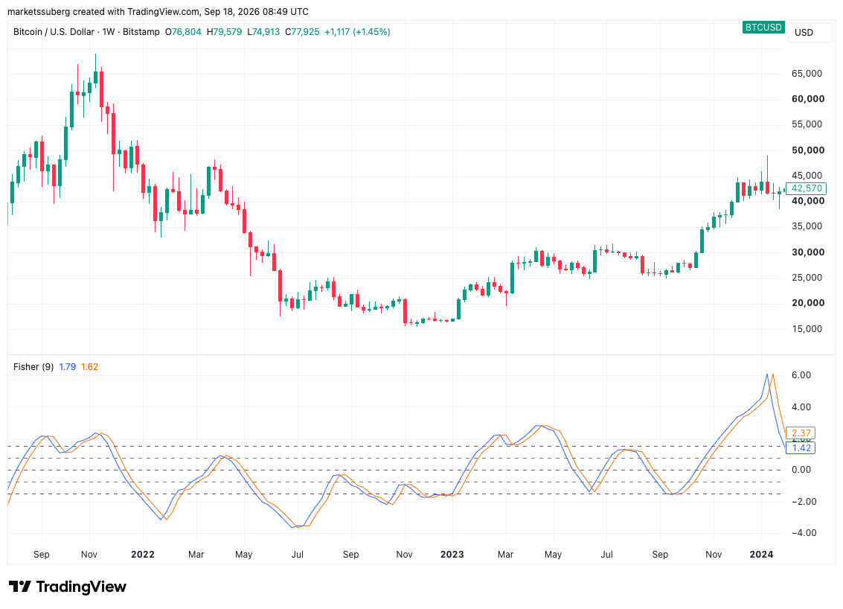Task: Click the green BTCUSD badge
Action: coord(763,27)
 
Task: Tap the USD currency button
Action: coord(804,32)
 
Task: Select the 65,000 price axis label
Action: coord(807,74)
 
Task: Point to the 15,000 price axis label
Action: coord(807,329)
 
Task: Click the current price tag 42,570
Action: coord(806,188)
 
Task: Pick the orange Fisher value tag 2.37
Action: coord(801,433)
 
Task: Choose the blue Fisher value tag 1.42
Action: coord(801,447)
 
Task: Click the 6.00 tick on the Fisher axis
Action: coord(801,375)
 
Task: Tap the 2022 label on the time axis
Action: coord(142,554)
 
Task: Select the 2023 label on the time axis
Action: coord(452,554)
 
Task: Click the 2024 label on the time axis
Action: coord(761,554)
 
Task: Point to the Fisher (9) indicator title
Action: coord(33,367)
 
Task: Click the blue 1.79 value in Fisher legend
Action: coord(67,367)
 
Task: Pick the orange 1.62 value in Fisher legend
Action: coord(89,367)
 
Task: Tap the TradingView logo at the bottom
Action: coord(68,587)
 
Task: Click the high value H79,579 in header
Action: coord(224,32)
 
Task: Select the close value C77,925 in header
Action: coord(302,32)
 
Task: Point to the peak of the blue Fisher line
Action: coord(766,374)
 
